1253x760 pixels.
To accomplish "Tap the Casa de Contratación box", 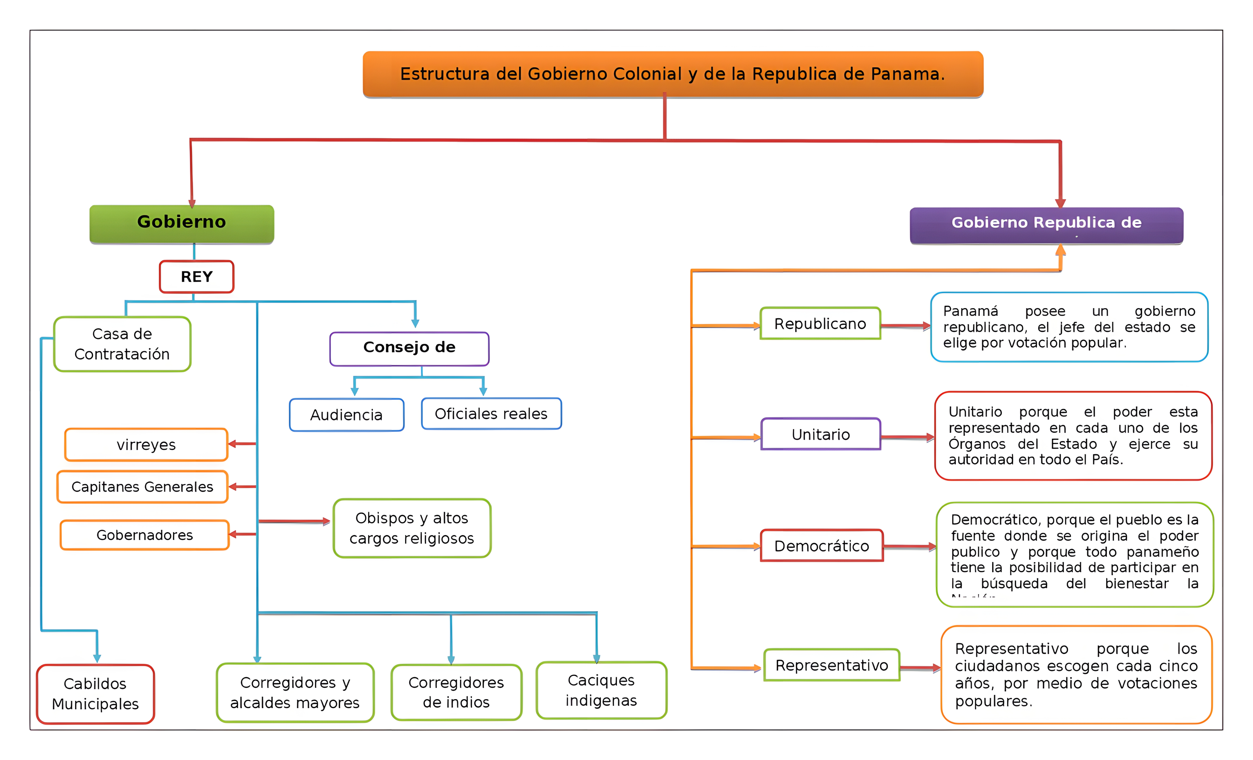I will (122, 344).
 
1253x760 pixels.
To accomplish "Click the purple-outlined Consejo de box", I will (409, 349).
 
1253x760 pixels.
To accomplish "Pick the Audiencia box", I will (346, 415).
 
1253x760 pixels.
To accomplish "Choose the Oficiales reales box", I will (491, 414).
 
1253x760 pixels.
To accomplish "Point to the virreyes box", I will (146, 445).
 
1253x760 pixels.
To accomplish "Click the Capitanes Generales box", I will (142, 487).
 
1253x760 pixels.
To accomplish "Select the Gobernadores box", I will (145, 535).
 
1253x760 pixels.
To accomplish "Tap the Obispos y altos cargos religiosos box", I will (412, 528).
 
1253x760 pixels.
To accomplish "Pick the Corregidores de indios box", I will (456, 692).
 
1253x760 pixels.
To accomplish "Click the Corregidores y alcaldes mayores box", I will (295, 692).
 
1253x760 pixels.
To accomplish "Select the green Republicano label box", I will (820, 323).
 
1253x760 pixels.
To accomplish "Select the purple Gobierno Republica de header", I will (1046, 225).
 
